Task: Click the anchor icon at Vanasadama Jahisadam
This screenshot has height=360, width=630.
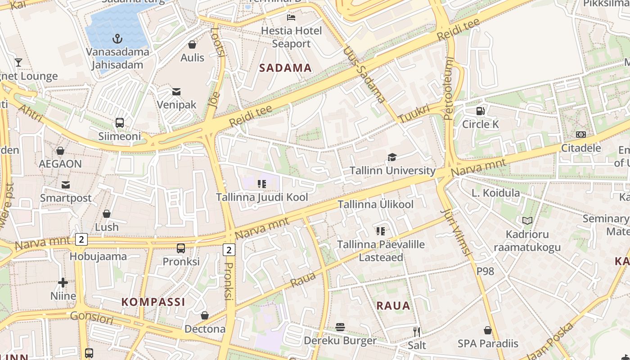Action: [x=117, y=39]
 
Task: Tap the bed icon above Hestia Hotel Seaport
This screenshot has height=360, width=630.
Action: [x=291, y=18]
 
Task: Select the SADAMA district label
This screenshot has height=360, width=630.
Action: [x=285, y=68]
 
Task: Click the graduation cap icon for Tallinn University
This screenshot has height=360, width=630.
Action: [x=392, y=157]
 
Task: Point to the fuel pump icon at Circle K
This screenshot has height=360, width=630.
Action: [x=481, y=111]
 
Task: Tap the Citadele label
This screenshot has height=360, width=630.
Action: [x=580, y=148]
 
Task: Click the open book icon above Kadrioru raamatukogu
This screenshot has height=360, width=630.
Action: [x=527, y=220]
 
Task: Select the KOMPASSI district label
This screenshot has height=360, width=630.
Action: [x=153, y=301]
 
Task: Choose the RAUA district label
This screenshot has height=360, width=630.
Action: [x=393, y=306]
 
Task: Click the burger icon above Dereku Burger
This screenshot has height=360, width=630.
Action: [x=340, y=327]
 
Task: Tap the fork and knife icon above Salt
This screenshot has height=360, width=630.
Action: [x=417, y=332]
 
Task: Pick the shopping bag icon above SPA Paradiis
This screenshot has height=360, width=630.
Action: [x=488, y=330]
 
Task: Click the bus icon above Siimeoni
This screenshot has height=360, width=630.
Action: [x=120, y=122]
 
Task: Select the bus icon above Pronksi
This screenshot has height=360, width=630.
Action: [x=181, y=248]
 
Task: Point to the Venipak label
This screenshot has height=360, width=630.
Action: [x=176, y=105]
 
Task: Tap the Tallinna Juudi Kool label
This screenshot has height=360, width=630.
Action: [x=262, y=197]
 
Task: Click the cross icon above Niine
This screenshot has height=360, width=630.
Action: [x=63, y=283]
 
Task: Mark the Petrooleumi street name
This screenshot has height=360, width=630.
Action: [x=449, y=89]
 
